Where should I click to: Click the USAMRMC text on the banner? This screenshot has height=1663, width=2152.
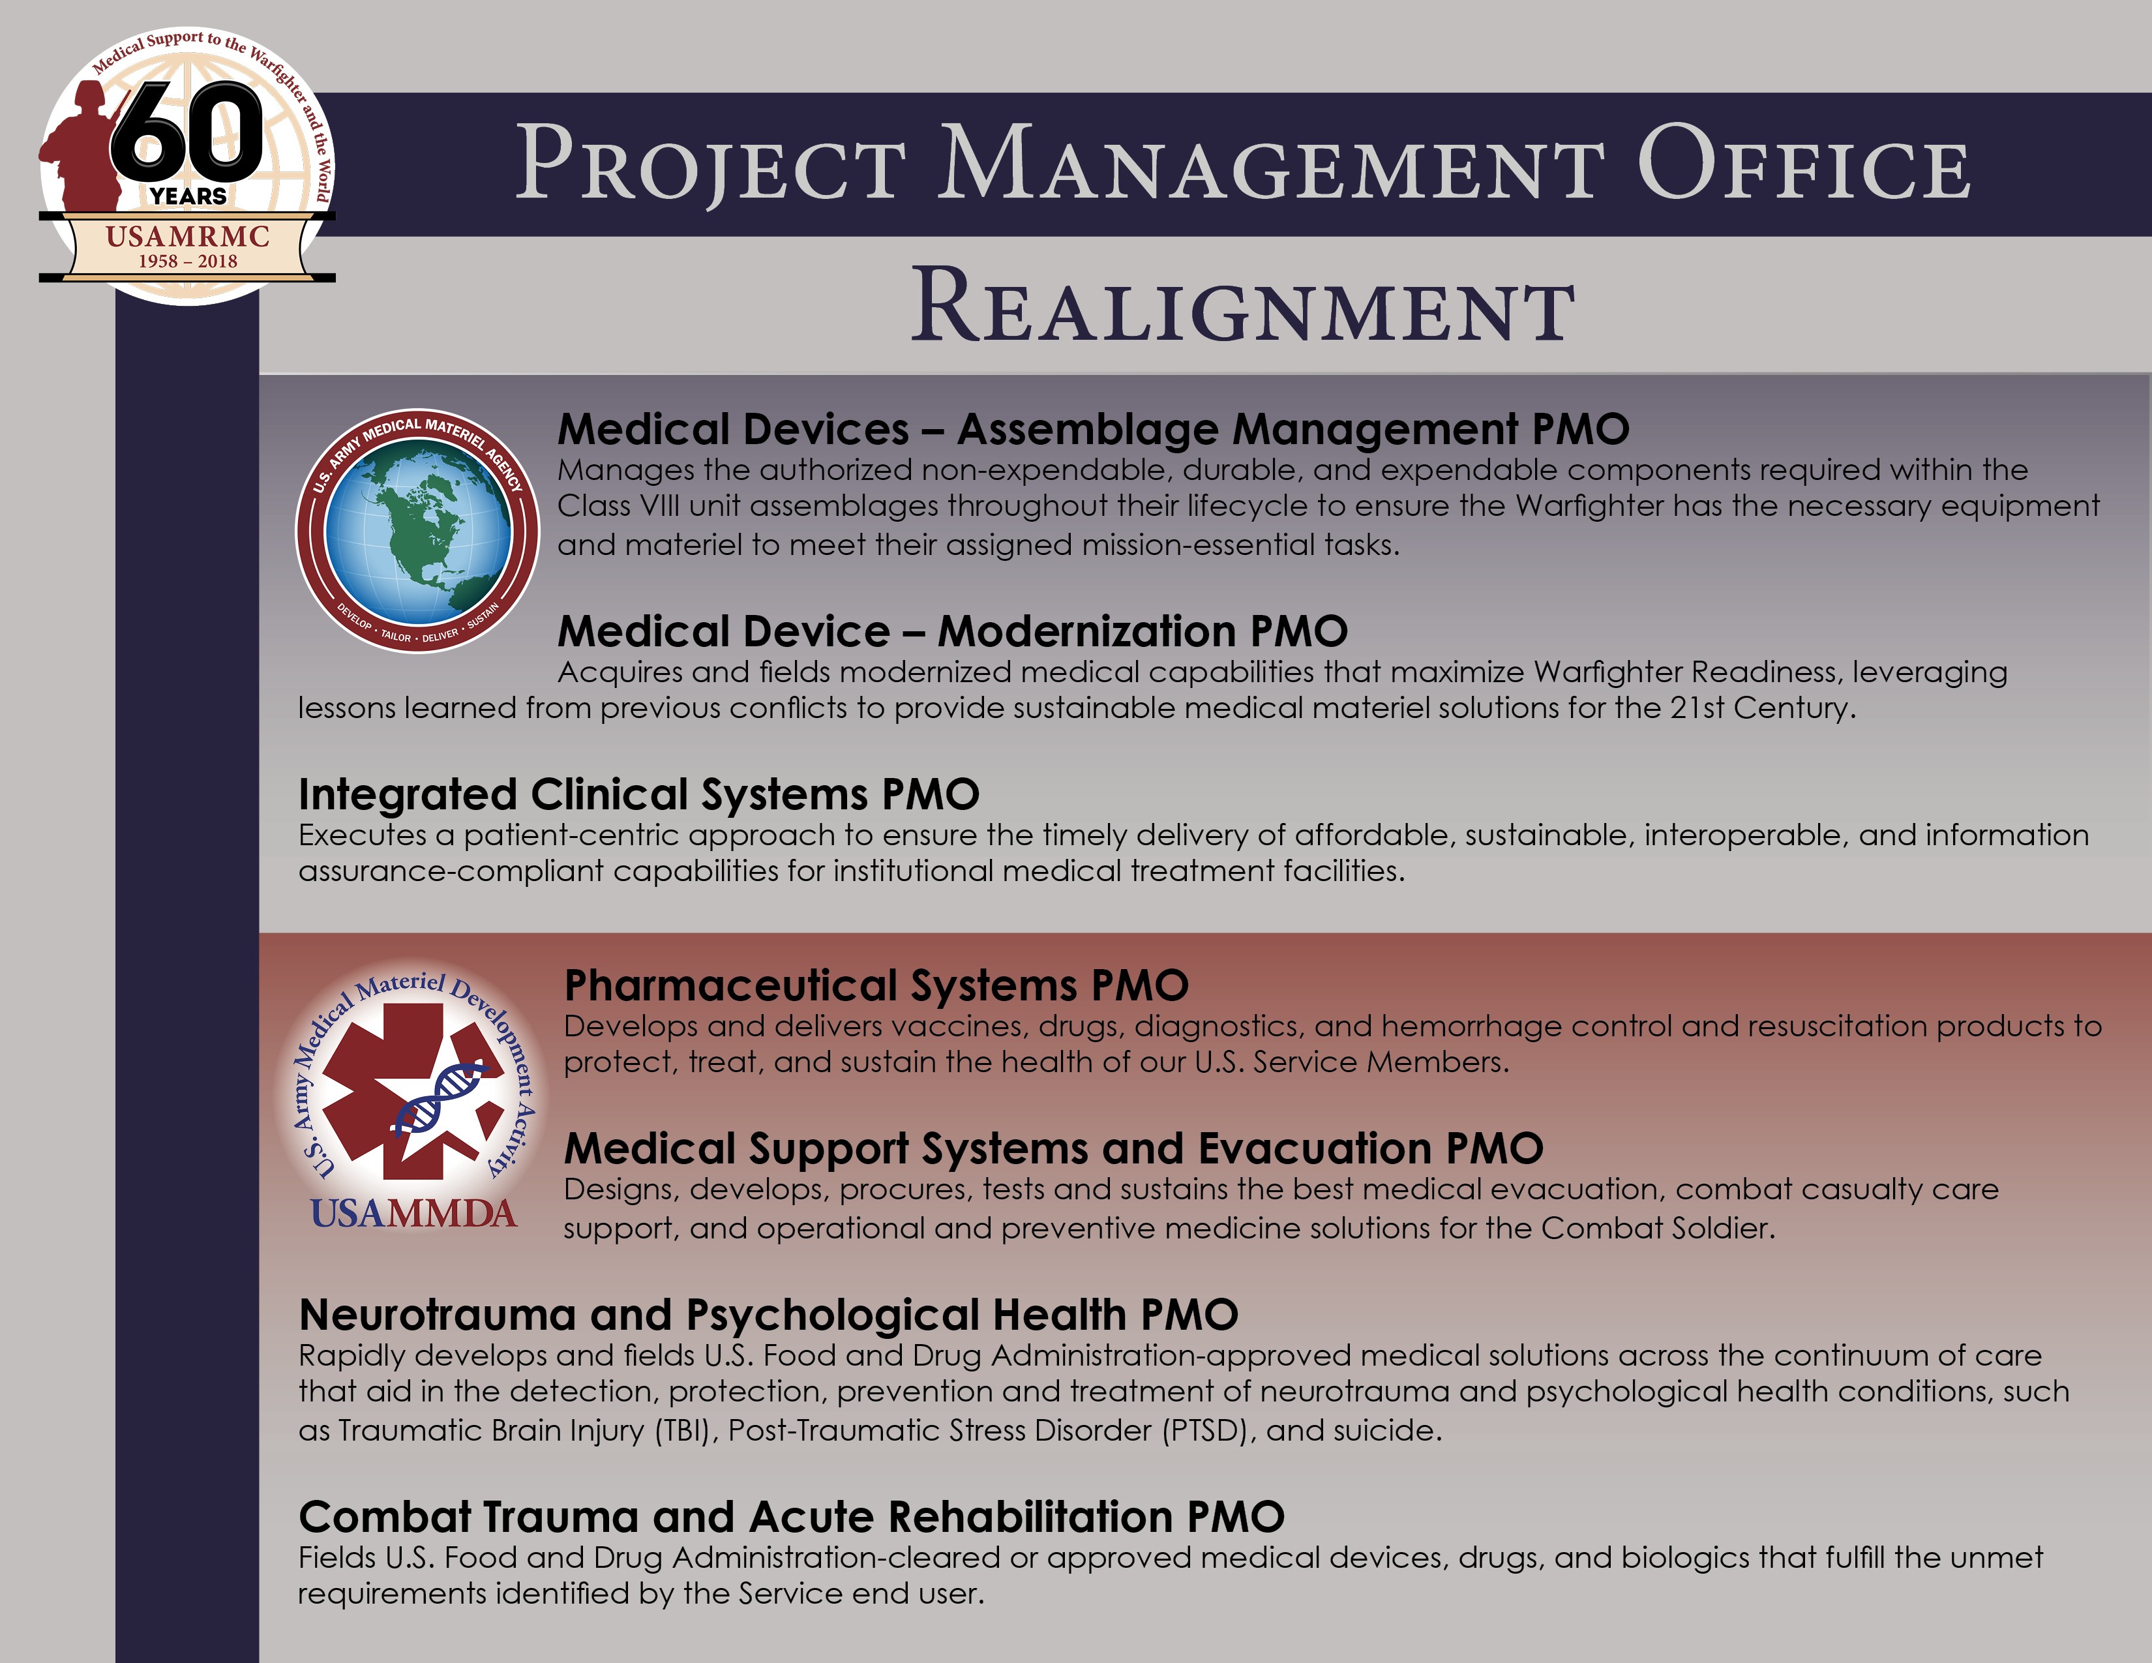(187, 237)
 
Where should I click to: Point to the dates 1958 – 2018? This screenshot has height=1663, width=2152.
(187, 261)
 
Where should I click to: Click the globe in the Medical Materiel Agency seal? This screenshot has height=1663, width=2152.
(418, 531)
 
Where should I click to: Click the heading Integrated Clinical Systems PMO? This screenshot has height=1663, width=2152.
(638, 794)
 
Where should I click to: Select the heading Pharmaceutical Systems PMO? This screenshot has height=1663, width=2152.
(876, 985)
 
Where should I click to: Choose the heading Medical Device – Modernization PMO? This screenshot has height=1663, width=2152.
(953, 631)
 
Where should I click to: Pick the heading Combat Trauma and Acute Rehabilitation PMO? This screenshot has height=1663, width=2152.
(791, 1517)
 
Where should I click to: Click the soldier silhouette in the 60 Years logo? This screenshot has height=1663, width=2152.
(83, 148)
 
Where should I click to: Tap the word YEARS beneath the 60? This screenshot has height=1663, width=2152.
(188, 196)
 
